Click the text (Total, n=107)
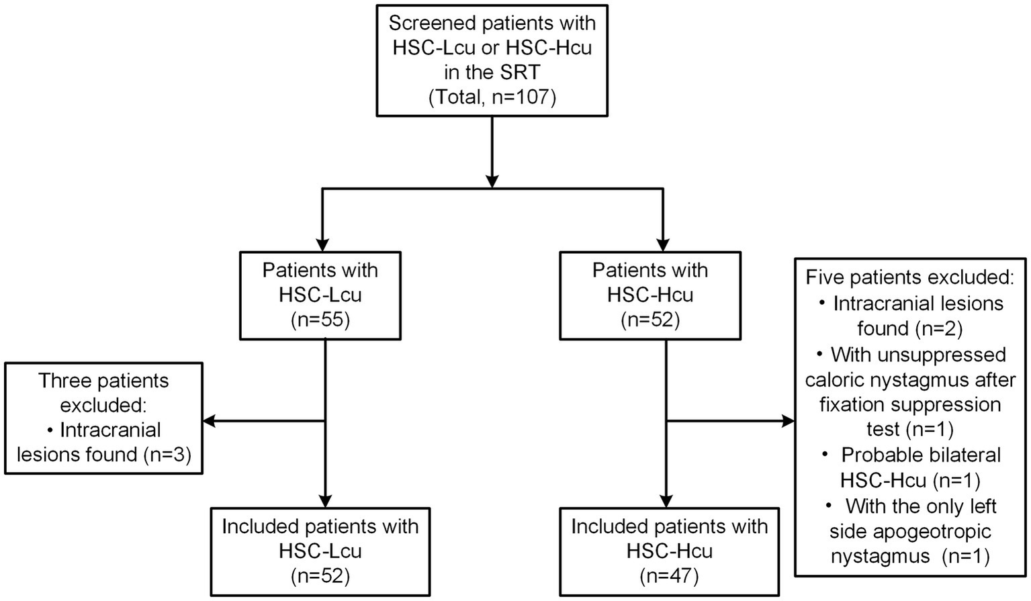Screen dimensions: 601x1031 click(x=492, y=98)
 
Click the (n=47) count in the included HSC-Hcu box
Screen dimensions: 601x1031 click(x=669, y=575)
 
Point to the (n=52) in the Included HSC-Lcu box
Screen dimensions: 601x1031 click(x=320, y=575)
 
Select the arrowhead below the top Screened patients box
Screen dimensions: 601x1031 click(x=492, y=180)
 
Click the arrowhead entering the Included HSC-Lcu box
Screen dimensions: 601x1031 click(x=324, y=500)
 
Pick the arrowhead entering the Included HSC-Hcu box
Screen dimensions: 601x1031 click(x=665, y=500)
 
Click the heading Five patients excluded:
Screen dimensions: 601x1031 click(x=910, y=277)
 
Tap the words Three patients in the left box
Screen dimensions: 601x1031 click(x=103, y=381)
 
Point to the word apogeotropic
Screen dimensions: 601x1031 click(x=910, y=531)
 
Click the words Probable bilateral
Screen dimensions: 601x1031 click(x=920, y=455)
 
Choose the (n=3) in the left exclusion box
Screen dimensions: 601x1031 click(x=167, y=455)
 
